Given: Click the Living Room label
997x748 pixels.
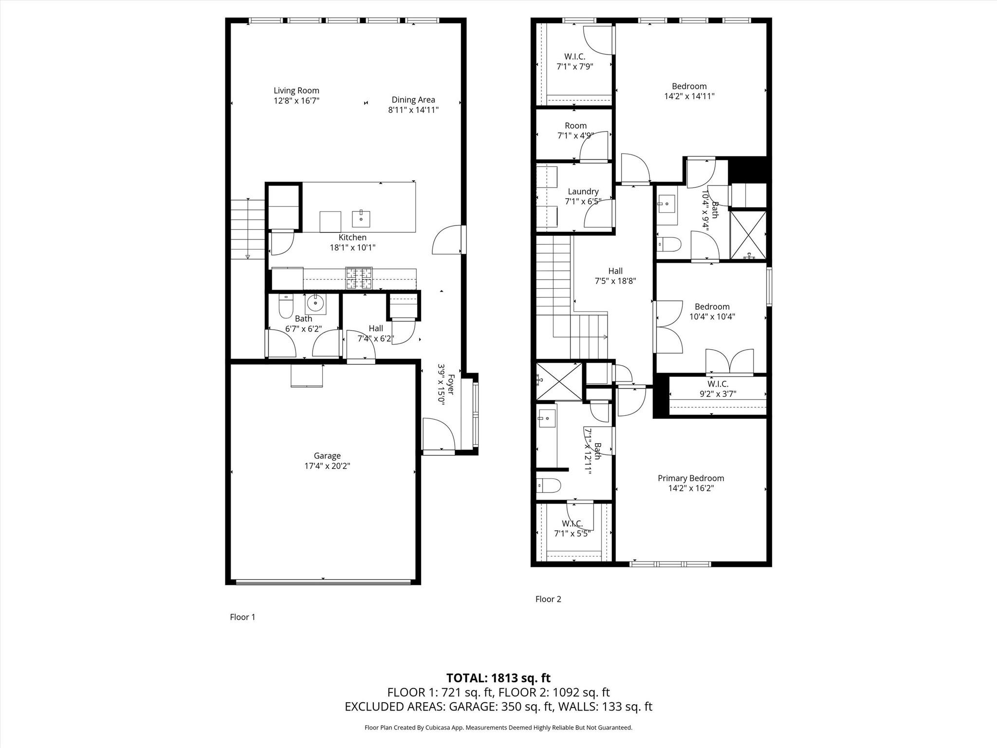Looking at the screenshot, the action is click(x=296, y=91).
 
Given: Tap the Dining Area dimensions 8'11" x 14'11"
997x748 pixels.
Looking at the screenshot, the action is click(x=413, y=110).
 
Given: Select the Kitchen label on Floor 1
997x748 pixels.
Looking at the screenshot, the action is click(x=352, y=238).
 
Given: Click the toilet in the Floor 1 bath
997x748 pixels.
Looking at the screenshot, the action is click(x=285, y=305).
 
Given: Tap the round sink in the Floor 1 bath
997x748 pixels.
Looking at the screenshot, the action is click(x=316, y=304).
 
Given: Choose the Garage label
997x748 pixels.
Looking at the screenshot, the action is click(x=327, y=456).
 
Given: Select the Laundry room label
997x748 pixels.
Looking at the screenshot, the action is click(x=583, y=192).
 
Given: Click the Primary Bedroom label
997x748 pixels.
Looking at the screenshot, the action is click(x=691, y=478).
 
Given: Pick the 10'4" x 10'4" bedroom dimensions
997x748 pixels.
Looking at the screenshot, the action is click(x=712, y=317).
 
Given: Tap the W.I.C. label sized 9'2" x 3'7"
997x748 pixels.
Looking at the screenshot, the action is click(x=718, y=384).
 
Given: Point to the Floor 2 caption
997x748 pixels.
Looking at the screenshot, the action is click(x=548, y=599).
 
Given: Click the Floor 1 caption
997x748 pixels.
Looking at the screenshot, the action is click(x=242, y=617).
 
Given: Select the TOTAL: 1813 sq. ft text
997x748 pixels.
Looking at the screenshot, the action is click(x=498, y=678).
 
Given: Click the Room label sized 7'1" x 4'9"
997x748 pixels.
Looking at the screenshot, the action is click(x=576, y=126).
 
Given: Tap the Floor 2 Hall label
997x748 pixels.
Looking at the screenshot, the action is click(x=615, y=271).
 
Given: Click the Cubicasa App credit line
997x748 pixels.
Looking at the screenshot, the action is click(x=498, y=728).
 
